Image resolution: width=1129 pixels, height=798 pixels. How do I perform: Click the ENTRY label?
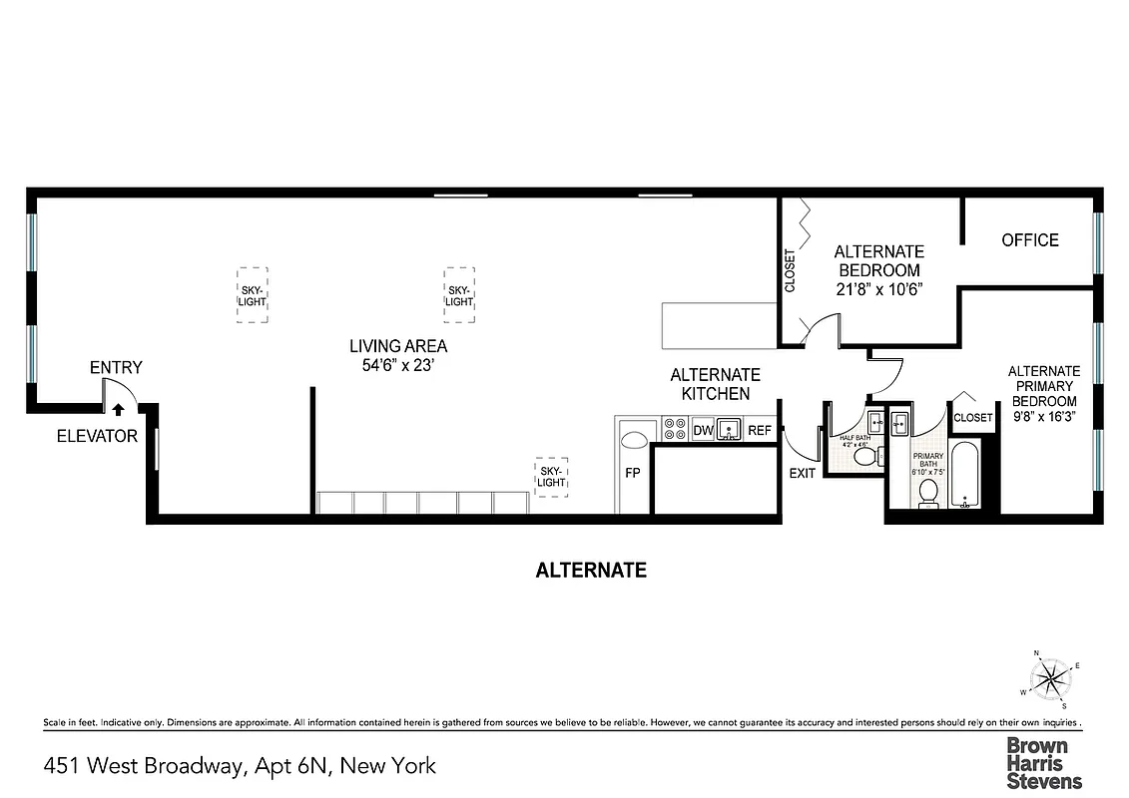click(x=116, y=368)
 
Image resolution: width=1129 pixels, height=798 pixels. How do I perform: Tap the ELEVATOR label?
click(x=97, y=436)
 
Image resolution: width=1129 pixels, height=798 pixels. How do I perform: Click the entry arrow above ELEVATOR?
click(x=119, y=409)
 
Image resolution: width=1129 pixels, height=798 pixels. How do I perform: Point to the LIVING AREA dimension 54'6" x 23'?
click(x=397, y=365)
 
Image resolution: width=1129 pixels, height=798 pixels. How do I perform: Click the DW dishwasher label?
click(x=703, y=431)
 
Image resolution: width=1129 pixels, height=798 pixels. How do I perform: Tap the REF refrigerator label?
click(x=760, y=431)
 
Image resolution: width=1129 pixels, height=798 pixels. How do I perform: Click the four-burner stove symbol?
click(x=671, y=431)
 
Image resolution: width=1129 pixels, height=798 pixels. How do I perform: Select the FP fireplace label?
click(x=632, y=473)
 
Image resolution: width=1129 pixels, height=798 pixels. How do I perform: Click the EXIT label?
click(x=803, y=473)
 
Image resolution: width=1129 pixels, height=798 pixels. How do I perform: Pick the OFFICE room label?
click(x=1030, y=240)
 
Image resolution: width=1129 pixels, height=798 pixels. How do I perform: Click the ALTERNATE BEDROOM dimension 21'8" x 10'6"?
click(x=878, y=289)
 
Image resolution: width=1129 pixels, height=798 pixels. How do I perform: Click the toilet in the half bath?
click(x=863, y=457)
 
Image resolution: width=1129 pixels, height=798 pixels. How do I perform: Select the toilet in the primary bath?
click(x=927, y=492)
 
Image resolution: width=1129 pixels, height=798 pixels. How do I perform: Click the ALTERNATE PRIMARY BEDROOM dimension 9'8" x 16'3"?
click(x=1044, y=417)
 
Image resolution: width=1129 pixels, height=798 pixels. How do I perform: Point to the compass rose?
click(x=1050, y=678)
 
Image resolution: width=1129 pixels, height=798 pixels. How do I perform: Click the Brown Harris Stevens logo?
click(x=1043, y=763)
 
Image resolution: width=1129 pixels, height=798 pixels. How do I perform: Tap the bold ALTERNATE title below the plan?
click(x=591, y=571)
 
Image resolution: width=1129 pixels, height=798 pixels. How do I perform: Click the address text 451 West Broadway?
click(x=240, y=766)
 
